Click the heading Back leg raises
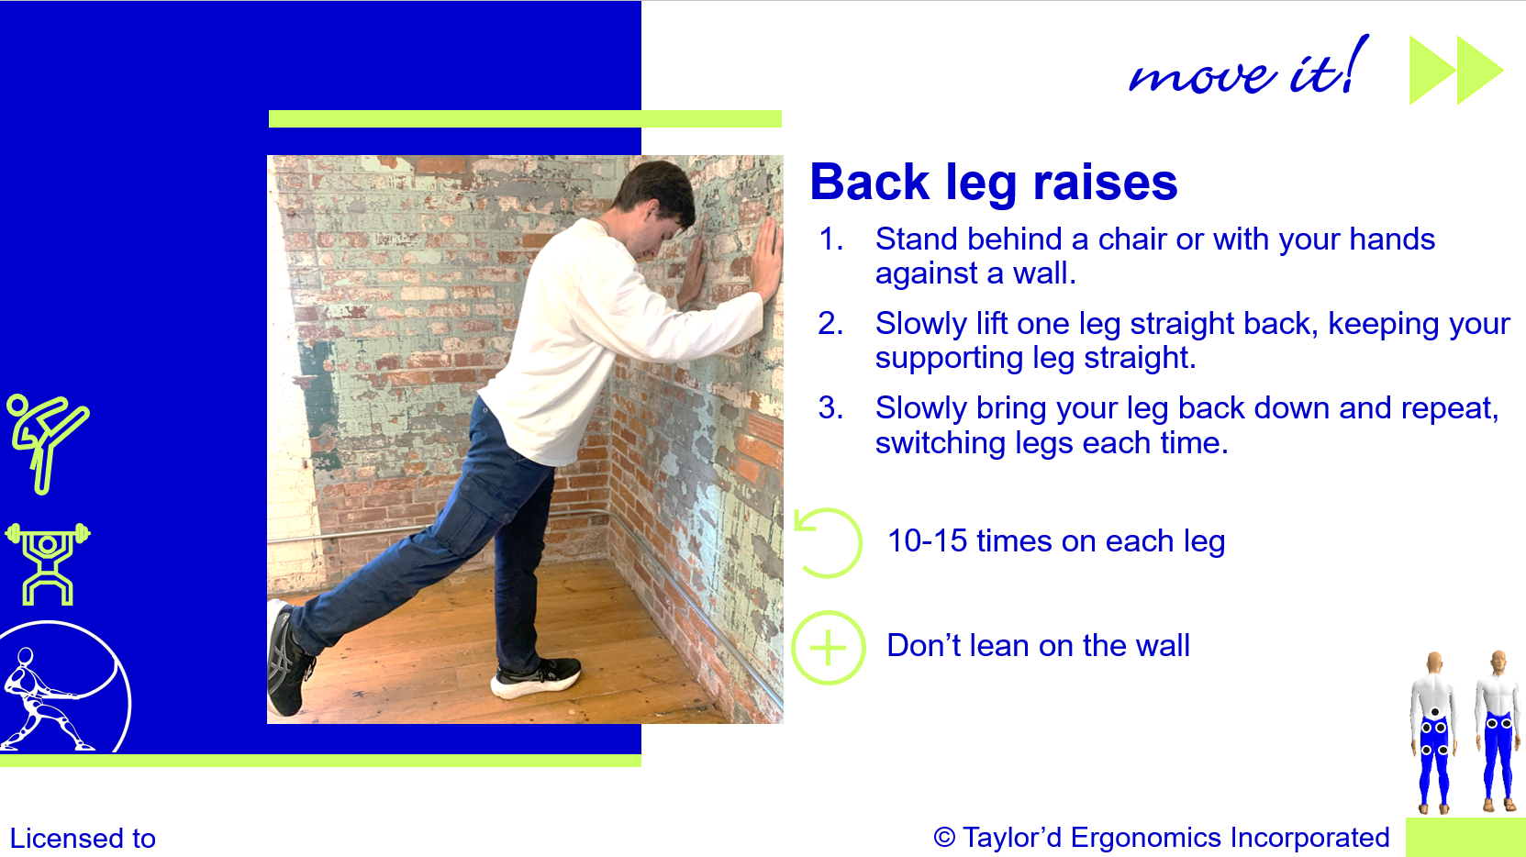(x=993, y=183)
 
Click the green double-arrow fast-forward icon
(x=1455, y=71)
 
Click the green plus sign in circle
(x=828, y=648)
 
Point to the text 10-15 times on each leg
(x=1055, y=541)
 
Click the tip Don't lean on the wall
(x=1038, y=646)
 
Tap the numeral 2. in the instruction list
(x=830, y=324)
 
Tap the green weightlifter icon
(x=48, y=563)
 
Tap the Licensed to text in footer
(x=83, y=839)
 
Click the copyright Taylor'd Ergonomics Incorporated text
(x=1161, y=838)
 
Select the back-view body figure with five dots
(x=1434, y=733)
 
